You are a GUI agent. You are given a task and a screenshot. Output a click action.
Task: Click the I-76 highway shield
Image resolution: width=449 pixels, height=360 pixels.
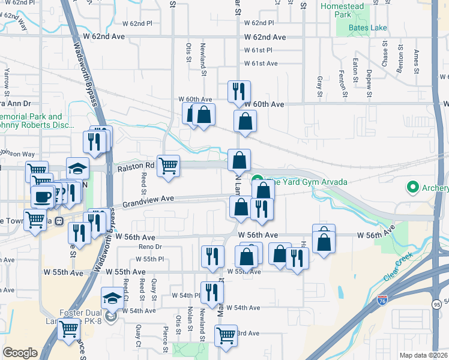click(382, 299)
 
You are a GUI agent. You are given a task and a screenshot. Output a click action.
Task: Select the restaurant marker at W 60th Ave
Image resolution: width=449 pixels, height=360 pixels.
click(239, 91)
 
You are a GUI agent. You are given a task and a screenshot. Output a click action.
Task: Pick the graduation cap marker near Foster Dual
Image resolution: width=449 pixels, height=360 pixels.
click(112, 298)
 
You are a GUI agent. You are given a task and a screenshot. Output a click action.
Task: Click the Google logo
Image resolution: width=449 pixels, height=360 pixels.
click(20, 352)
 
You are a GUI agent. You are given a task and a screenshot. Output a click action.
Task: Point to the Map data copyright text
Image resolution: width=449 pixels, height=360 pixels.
click(423, 355)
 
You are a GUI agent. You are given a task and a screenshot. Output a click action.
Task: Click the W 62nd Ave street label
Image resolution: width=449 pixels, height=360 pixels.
click(265, 37)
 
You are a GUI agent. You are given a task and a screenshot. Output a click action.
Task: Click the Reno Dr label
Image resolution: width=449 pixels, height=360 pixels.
click(151, 247)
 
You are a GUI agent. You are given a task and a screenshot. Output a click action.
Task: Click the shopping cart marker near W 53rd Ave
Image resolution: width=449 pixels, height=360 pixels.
click(226, 335)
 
